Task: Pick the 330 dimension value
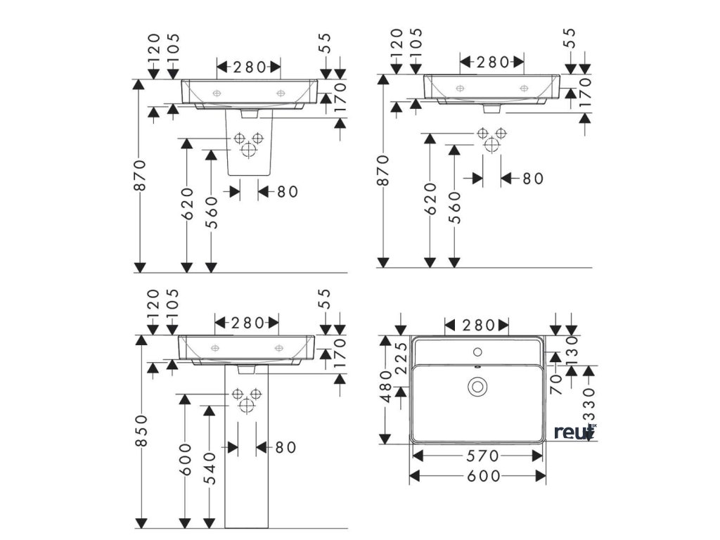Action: pyautogui.click(x=589, y=405)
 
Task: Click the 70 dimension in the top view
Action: pyautogui.click(x=555, y=384)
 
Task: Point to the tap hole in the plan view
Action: pyautogui.click(x=478, y=349)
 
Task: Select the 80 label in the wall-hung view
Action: pyautogui.click(x=532, y=179)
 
